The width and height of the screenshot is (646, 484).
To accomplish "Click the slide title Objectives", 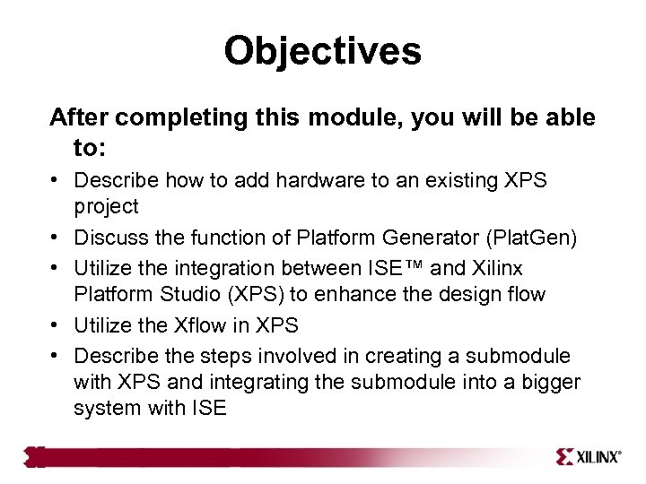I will (x=322, y=51).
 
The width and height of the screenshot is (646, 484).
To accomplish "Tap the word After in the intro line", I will (x=81, y=118).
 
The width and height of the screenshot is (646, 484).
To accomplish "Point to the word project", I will (x=107, y=207).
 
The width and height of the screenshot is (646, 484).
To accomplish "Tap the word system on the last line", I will (x=108, y=409).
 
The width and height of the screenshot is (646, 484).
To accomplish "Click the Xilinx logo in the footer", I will (x=589, y=456).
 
